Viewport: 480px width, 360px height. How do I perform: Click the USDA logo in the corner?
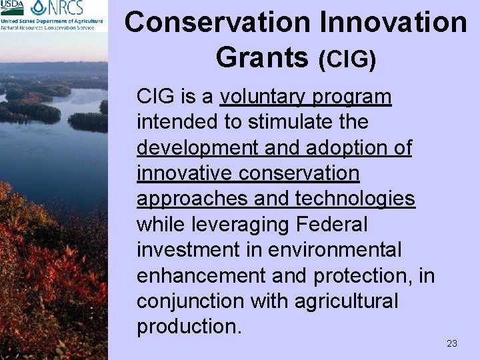tap(13, 7)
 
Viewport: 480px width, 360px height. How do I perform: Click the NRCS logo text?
tap(63, 8)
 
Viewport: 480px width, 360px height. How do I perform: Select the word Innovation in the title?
tap(393, 22)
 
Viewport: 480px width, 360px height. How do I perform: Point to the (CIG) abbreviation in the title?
tap(347, 59)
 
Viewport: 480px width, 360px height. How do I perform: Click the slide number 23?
tap(451, 343)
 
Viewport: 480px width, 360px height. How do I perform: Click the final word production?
tap(185, 326)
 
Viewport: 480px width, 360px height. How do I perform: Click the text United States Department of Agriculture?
tap(52, 21)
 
